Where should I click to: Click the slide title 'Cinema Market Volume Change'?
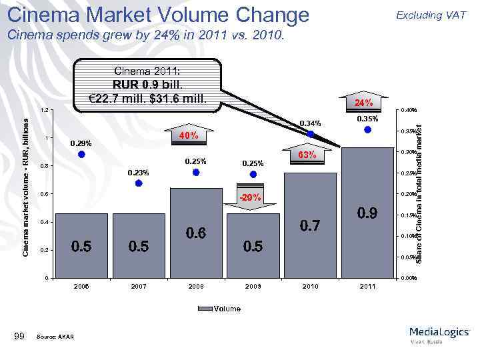(x=158, y=14)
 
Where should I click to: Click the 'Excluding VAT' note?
(x=431, y=15)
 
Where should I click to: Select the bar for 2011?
(x=367, y=213)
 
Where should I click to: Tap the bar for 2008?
(x=196, y=233)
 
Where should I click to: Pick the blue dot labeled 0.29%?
(x=81, y=154)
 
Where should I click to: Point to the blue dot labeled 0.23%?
(x=138, y=183)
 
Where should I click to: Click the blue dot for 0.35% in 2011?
(x=367, y=131)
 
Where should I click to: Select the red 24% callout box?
(x=363, y=103)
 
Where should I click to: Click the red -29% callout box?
(x=253, y=198)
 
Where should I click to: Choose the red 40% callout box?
(x=187, y=136)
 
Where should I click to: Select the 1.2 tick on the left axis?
(x=43, y=110)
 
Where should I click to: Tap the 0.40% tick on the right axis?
(x=408, y=110)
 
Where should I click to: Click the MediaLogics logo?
(x=439, y=333)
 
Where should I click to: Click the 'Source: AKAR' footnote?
(x=57, y=336)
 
